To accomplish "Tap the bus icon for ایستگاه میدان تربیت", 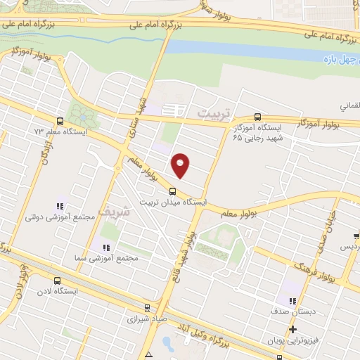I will (x=173, y=191).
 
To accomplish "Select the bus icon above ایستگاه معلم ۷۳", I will (x=59, y=120).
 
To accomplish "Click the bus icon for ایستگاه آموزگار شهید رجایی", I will (x=257, y=117).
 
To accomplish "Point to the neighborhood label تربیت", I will (x=214, y=112).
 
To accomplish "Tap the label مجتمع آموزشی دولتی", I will (x=59, y=218).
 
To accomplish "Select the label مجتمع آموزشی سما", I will (x=105, y=259).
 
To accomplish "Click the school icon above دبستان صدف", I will (x=285, y=298).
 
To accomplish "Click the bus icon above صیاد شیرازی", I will (x=147, y=307).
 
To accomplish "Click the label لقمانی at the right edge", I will (x=349, y=105).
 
